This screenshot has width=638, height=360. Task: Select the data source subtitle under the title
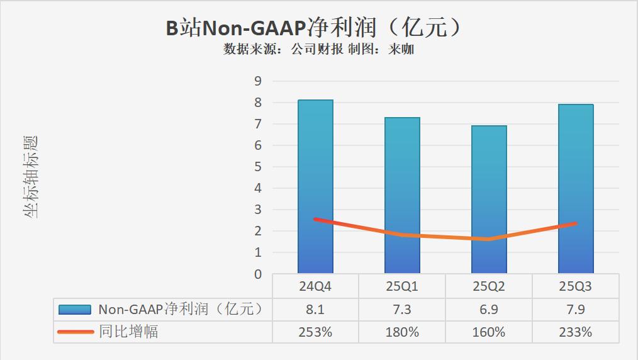click(x=318, y=49)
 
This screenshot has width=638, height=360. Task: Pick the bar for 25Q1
click(x=402, y=176)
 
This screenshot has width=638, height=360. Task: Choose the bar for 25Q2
click(x=489, y=183)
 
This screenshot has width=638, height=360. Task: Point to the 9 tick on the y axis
click(x=257, y=81)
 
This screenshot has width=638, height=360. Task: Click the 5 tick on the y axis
click(x=257, y=167)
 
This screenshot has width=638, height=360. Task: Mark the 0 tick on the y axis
click(x=257, y=274)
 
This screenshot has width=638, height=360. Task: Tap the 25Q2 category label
click(x=489, y=287)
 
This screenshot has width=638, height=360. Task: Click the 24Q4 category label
click(x=316, y=287)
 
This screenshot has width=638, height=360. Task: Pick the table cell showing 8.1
click(x=316, y=309)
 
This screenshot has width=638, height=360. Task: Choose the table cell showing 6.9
click(x=489, y=309)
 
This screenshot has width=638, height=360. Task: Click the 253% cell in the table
click(x=316, y=332)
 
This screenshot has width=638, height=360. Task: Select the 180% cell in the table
click(x=402, y=332)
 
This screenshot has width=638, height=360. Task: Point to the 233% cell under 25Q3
click(x=576, y=332)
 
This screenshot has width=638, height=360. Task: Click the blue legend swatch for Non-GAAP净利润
click(x=76, y=309)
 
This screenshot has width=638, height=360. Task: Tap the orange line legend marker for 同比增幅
click(x=76, y=332)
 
